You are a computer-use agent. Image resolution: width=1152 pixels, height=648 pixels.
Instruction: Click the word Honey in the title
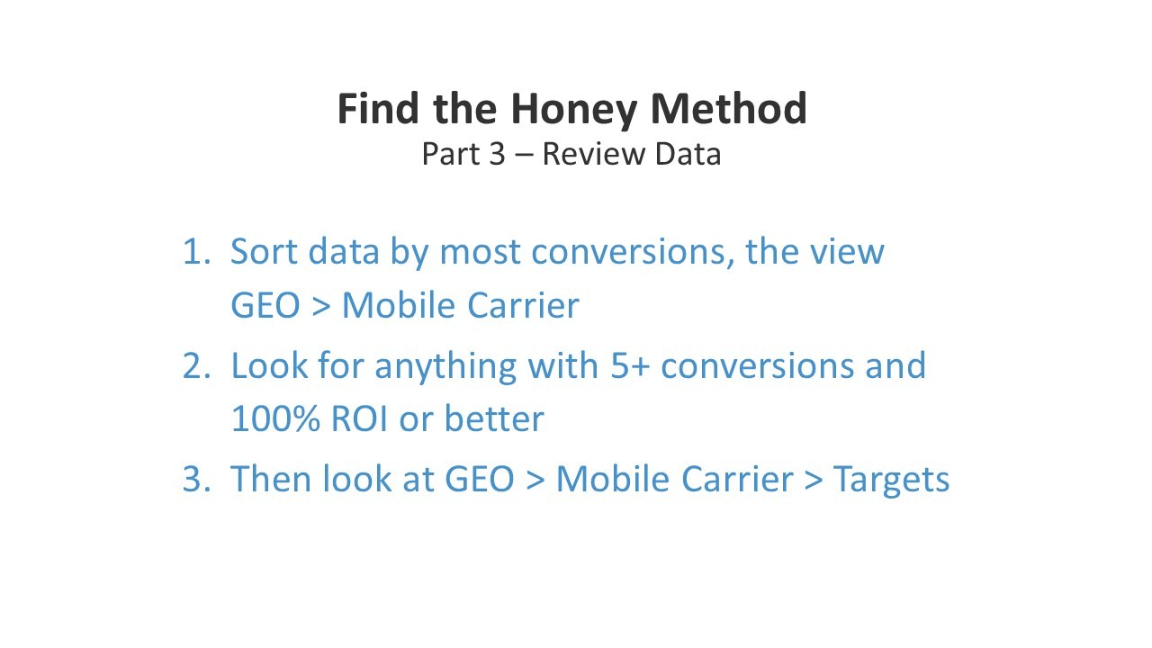tap(574, 111)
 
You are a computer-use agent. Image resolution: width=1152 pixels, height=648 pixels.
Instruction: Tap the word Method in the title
tap(729, 109)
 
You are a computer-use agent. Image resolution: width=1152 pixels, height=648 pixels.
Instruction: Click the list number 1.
tap(197, 252)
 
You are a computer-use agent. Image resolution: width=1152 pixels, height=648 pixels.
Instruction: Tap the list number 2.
tap(197, 366)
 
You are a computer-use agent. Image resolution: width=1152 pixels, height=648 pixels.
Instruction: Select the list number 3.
tap(197, 480)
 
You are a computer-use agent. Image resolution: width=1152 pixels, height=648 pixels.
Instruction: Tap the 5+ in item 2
tap(630, 366)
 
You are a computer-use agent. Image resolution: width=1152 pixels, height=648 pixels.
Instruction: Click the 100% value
tap(275, 418)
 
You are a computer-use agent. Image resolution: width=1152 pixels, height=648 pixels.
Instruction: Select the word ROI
tap(359, 418)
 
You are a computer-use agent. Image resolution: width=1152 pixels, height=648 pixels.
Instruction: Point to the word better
tap(494, 418)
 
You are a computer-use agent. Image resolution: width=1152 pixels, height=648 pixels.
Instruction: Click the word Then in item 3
tap(271, 480)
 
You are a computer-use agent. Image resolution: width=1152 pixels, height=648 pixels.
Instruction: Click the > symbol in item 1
tap(321, 306)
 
